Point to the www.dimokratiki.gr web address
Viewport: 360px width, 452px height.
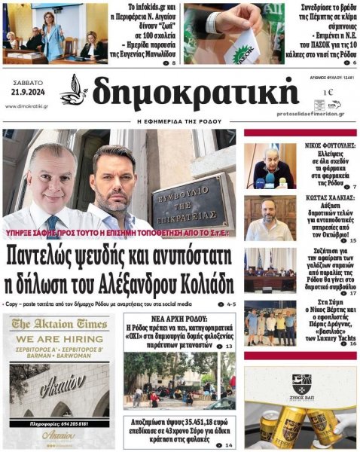[x=26, y=106]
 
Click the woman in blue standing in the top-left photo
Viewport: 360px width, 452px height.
[x=55, y=32]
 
